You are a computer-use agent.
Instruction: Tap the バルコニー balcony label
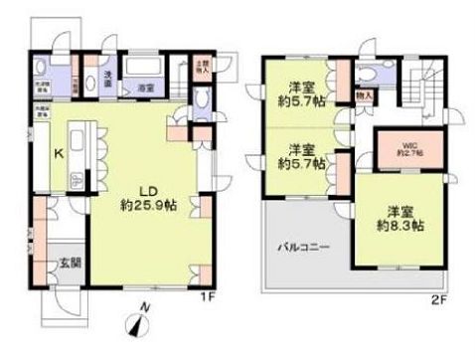[x=305, y=246]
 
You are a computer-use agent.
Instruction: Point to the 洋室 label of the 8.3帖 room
[x=401, y=210]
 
